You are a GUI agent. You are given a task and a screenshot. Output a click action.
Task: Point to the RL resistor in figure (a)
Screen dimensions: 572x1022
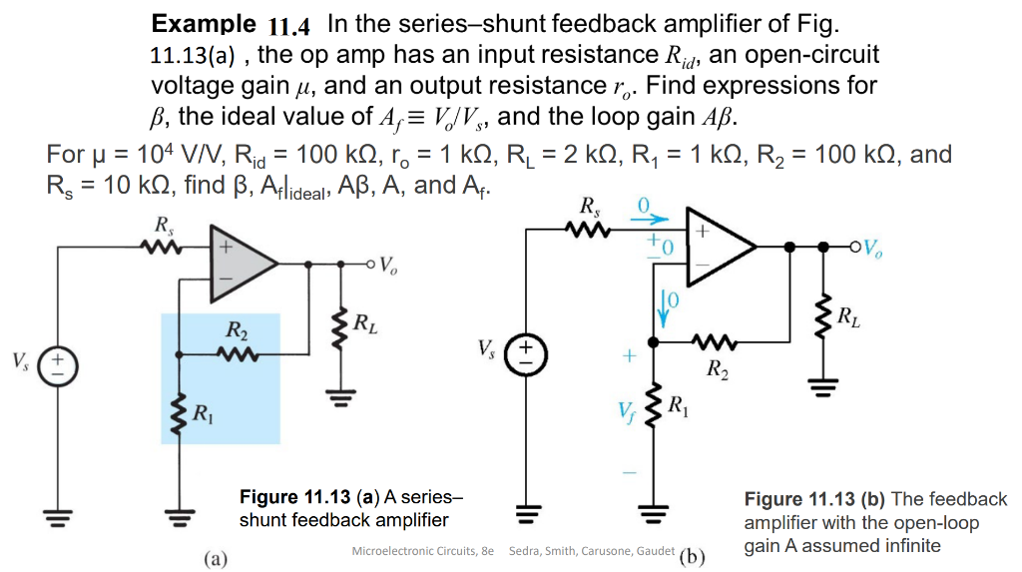(342, 324)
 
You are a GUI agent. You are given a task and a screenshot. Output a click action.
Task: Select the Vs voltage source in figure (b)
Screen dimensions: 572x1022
(526, 352)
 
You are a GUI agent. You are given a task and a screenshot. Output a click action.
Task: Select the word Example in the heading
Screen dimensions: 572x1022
(204, 23)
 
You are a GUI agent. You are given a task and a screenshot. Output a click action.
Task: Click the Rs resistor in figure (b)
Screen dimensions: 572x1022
(589, 230)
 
